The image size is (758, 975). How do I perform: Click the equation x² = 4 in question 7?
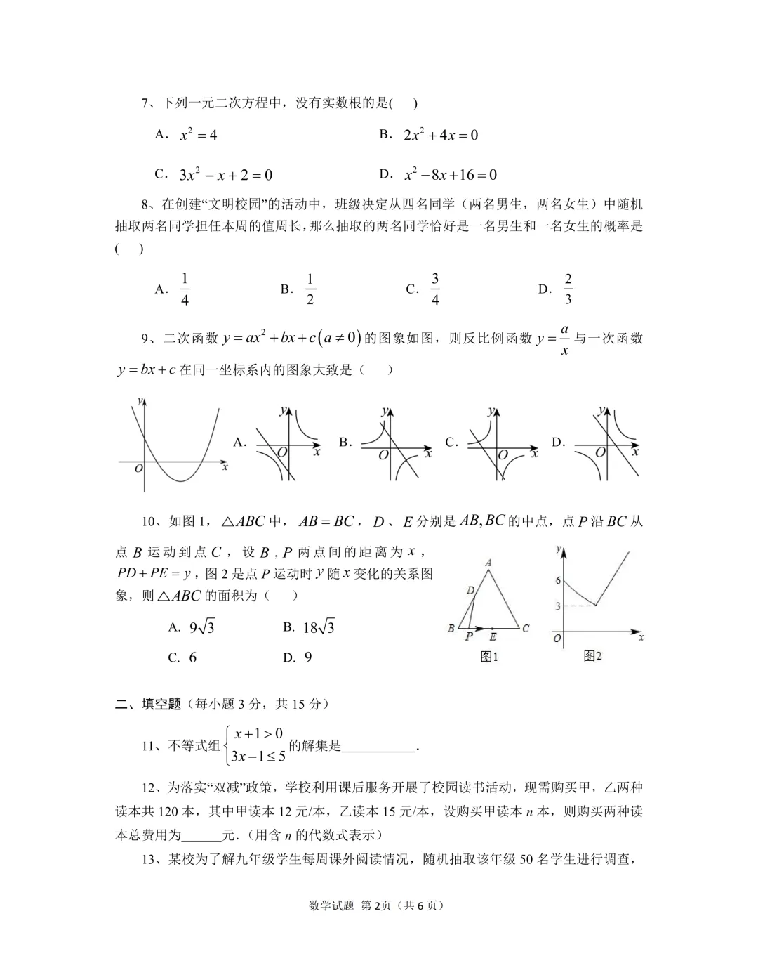click(x=199, y=135)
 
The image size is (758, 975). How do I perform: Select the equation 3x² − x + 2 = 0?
click(x=225, y=175)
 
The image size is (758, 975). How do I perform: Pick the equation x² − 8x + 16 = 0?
click(x=451, y=175)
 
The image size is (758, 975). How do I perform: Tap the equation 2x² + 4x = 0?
click(x=441, y=135)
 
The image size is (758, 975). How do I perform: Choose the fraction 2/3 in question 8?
click(x=568, y=289)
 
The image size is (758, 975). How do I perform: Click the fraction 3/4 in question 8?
click(x=435, y=289)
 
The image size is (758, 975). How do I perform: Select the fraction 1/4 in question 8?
click(x=185, y=289)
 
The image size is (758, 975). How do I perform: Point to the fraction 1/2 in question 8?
click(x=310, y=289)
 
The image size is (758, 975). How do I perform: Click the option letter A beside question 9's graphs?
click(x=240, y=443)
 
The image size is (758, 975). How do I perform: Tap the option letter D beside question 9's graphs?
click(x=558, y=443)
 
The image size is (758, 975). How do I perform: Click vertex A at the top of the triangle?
click(x=488, y=562)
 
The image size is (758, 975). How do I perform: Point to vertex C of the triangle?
click(x=526, y=628)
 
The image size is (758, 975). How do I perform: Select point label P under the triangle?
click(x=469, y=636)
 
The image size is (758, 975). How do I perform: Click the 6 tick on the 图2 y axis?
click(x=558, y=581)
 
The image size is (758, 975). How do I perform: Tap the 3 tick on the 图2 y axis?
click(x=558, y=606)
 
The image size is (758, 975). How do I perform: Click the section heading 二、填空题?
click(x=148, y=704)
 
